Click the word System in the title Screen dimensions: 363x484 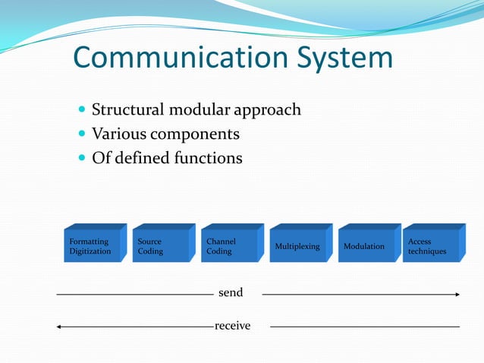[x=344, y=59]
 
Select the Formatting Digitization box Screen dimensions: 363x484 [x=92, y=246]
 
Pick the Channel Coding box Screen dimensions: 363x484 [x=229, y=246]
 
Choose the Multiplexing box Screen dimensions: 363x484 [x=297, y=246]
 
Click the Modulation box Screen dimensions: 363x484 [x=366, y=246]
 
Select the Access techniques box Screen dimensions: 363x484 [x=430, y=246]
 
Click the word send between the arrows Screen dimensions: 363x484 [x=230, y=292]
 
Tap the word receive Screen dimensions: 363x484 [x=232, y=326]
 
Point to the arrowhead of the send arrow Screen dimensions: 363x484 [x=457, y=293]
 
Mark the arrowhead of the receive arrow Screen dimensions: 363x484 [x=59, y=327]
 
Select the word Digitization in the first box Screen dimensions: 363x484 [x=90, y=251]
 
